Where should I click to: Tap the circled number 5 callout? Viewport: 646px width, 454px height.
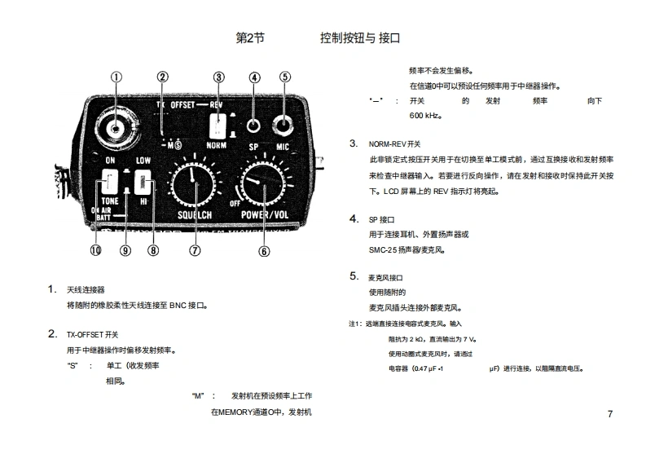[284, 77]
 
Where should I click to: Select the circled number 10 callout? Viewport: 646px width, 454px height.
[95, 250]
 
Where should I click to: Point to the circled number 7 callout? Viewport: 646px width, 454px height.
[195, 250]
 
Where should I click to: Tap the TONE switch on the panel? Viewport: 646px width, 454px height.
[110, 181]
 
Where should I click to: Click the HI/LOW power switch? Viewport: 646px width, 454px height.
[143, 180]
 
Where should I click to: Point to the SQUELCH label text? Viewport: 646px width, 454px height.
[194, 215]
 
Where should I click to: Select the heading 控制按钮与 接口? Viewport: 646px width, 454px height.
[360, 38]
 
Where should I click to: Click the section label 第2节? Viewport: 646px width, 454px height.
[250, 38]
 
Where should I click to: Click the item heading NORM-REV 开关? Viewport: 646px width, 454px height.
[395, 143]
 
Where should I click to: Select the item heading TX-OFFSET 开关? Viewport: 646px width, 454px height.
[92, 334]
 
